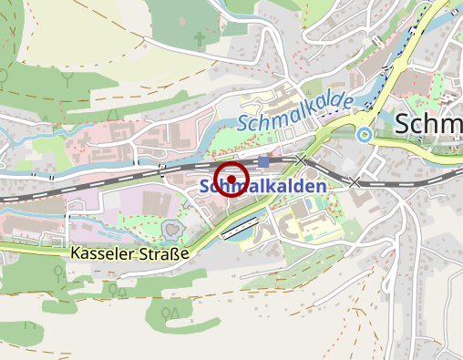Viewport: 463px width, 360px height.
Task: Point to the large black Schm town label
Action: click(428, 125)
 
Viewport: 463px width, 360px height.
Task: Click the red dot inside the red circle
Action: click(231, 179)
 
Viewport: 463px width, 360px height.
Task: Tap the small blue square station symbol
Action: click(263, 162)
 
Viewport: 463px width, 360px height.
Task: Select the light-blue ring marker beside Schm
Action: click(365, 136)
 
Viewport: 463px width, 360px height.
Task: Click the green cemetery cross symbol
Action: click(200, 40)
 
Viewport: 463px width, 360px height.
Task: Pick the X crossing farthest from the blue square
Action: click(354, 182)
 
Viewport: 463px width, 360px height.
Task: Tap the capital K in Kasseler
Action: click(74, 252)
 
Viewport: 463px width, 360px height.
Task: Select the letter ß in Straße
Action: click(170, 252)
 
